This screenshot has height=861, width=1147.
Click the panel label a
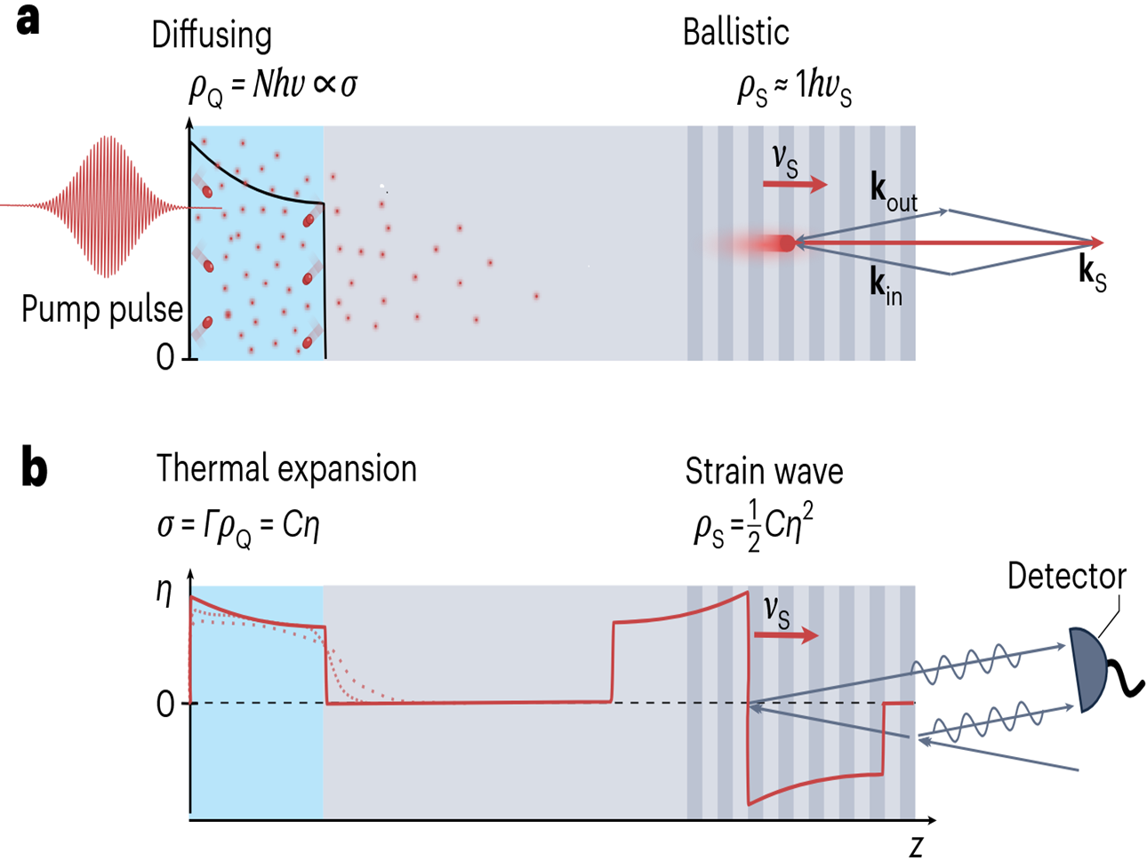tap(28, 20)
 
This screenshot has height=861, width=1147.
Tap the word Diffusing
tap(211, 36)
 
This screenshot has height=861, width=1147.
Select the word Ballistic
tap(735, 33)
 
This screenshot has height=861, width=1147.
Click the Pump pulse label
tap(101, 310)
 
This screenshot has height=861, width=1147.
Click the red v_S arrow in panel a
tap(795, 185)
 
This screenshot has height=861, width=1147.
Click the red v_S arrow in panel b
tap(786, 635)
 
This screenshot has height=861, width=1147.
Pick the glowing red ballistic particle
tap(784, 243)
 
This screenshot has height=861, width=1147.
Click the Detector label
tap(1066, 577)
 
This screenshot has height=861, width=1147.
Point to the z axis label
tap(916, 846)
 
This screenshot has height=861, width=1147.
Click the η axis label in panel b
tap(164, 593)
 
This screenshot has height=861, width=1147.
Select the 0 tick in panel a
tap(165, 357)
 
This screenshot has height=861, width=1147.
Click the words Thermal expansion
tap(286, 469)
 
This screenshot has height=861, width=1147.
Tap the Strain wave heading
tap(764, 471)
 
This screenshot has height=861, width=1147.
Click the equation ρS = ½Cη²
tap(754, 530)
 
